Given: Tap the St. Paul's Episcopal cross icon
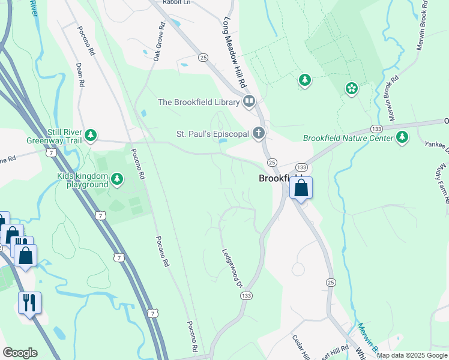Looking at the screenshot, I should click(259, 133).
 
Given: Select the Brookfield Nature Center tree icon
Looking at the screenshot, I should click(402, 138).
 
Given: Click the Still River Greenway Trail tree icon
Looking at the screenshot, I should click(91, 135).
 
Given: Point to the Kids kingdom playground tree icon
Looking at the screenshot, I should click(117, 178).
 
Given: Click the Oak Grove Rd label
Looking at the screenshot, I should click(158, 42).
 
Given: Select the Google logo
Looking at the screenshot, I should click(20, 353).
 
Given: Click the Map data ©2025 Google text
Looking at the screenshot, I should click(412, 355).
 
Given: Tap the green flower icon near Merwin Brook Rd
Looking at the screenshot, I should click(351, 89).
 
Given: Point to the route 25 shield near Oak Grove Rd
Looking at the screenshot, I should click(203, 58).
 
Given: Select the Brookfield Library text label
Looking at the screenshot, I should click(199, 102).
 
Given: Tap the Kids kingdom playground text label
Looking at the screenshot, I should click(82, 180).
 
